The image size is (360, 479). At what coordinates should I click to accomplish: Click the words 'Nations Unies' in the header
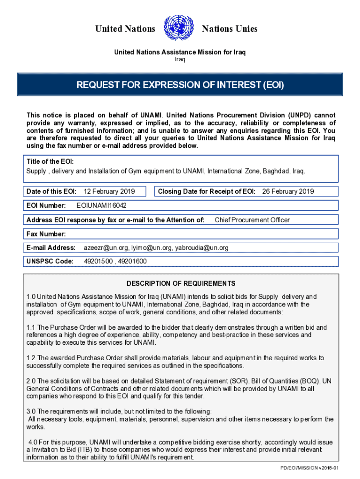click(230, 29)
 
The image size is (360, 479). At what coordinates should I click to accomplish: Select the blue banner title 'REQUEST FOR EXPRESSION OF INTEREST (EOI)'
click(180, 85)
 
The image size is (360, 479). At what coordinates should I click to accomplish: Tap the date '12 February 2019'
click(109, 191)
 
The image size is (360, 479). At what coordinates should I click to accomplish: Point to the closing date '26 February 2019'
click(288, 191)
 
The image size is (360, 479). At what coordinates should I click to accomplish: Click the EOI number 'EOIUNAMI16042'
click(101, 205)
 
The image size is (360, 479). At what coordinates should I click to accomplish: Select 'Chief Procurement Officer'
click(252, 220)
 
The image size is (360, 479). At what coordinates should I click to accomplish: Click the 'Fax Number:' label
click(46, 234)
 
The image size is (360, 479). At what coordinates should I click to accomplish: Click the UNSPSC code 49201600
click(133, 261)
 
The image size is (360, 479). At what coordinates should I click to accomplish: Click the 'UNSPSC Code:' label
click(50, 261)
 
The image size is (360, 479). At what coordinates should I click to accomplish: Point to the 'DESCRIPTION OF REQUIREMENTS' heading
click(181, 283)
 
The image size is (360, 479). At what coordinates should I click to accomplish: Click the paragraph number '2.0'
click(31, 381)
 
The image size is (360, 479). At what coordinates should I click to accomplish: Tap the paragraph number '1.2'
click(31, 358)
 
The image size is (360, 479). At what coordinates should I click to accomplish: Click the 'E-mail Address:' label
click(51, 247)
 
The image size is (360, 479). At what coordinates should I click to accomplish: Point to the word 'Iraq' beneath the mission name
click(180, 59)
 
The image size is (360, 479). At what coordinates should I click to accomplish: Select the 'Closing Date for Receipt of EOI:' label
click(207, 191)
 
